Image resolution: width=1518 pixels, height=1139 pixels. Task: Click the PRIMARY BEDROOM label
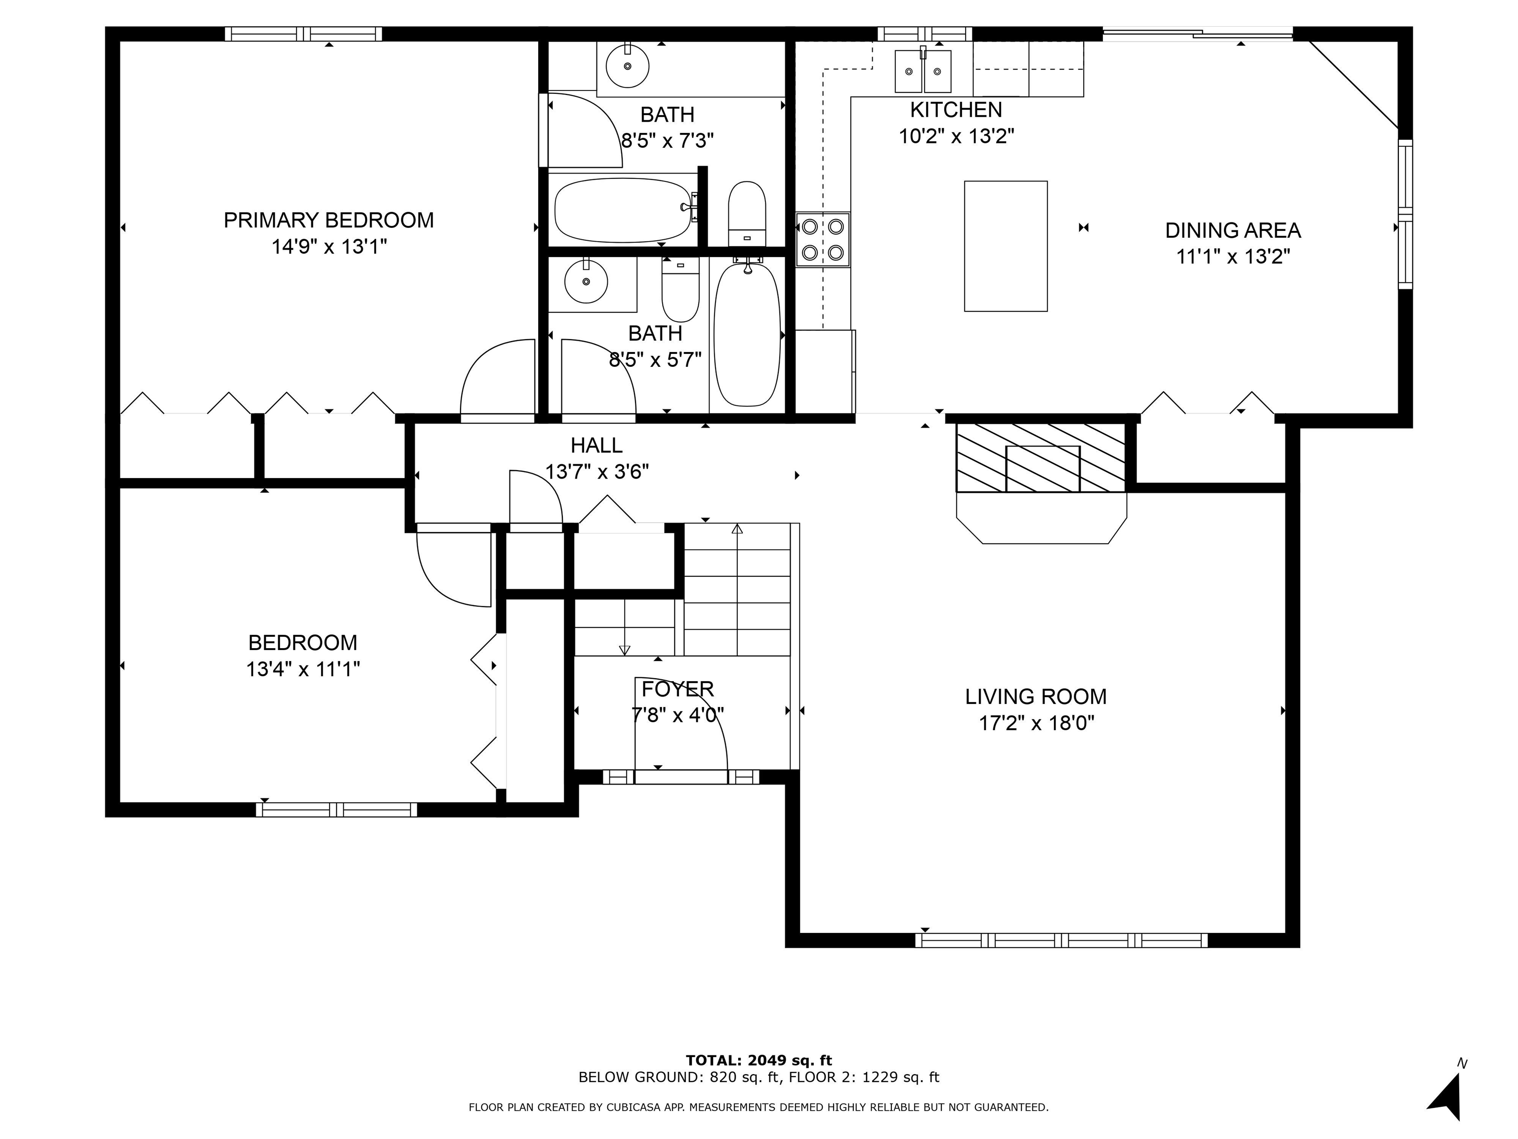[329, 220]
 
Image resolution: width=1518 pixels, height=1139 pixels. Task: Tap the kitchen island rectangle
[1006, 246]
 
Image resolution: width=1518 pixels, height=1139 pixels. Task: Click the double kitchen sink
[923, 71]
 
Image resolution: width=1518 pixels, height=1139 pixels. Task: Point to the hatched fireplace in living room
[1041, 458]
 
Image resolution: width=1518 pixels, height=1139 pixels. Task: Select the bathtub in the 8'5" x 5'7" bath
[747, 334]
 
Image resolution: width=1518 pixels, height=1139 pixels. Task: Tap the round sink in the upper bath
[628, 66]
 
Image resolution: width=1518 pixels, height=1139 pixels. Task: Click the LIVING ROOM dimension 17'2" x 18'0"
[1036, 723]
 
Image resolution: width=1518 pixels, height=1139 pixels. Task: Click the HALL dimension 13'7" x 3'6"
[596, 472]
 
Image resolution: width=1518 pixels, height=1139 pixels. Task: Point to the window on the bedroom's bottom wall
[337, 809]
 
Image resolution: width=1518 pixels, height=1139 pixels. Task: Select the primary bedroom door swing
[496, 378]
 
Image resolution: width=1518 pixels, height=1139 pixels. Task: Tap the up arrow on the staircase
[737, 529]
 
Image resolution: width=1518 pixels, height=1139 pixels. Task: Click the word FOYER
[677, 689]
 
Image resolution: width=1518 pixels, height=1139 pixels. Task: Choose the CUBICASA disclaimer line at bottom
[759, 1107]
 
